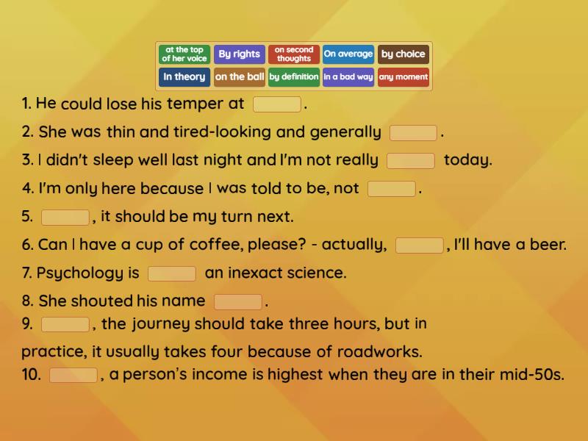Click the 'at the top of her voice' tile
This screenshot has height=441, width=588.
(184, 54)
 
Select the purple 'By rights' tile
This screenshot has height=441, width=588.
(240, 54)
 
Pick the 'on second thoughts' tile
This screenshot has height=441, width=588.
(294, 54)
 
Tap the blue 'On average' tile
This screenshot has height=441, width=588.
(348, 54)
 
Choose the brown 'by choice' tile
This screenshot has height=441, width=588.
(404, 54)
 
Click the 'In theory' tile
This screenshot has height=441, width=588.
(184, 77)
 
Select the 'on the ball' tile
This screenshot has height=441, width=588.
(240, 77)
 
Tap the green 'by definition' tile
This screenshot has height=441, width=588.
(294, 77)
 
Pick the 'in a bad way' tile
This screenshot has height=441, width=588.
(348, 77)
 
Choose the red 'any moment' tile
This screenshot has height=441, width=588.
(404, 77)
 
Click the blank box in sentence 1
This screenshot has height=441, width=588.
(276, 104)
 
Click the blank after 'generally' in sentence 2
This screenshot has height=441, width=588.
(413, 133)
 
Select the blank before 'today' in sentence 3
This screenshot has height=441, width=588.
(411, 161)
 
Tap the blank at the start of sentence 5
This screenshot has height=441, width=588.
(65, 218)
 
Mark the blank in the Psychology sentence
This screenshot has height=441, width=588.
(172, 274)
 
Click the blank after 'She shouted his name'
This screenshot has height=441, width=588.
(238, 302)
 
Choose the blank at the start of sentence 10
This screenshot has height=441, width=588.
(73, 376)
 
